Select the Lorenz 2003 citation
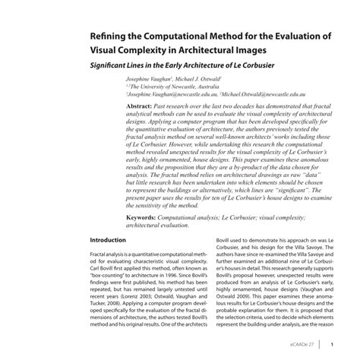[128, 295]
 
